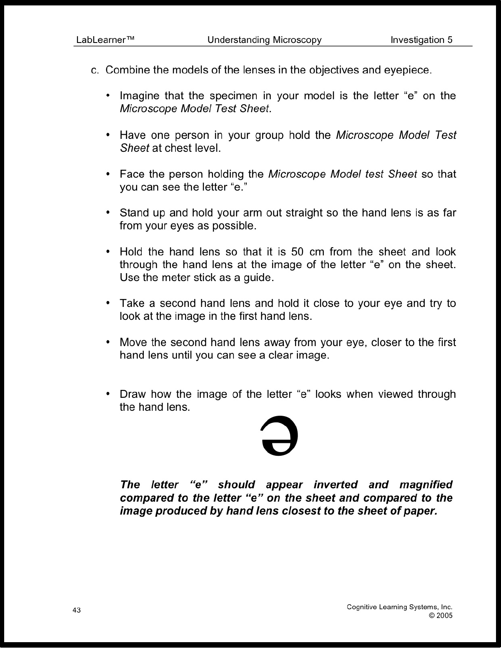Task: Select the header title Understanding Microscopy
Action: coord(264,40)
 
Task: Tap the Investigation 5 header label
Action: coord(421,40)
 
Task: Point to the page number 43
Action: coord(77,610)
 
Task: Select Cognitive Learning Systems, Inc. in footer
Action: coord(399,607)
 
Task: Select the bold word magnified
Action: coord(426,485)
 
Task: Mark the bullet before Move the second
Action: coord(108,342)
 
